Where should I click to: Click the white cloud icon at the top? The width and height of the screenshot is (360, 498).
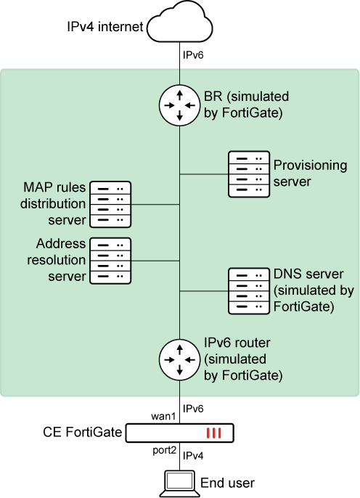(x=179, y=22)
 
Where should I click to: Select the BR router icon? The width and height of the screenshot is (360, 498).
(x=179, y=105)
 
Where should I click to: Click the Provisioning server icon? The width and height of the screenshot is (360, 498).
(x=248, y=174)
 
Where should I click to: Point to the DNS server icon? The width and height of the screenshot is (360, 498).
(x=248, y=290)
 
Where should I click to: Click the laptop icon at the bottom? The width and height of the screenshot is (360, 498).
(x=179, y=482)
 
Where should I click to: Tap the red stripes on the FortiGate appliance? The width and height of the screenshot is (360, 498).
(x=213, y=433)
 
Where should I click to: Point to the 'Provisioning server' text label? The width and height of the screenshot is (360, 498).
(x=310, y=174)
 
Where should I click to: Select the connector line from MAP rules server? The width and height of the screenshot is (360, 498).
(x=155, y=204)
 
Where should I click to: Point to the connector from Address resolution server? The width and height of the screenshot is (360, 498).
(x=155, y=260)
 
